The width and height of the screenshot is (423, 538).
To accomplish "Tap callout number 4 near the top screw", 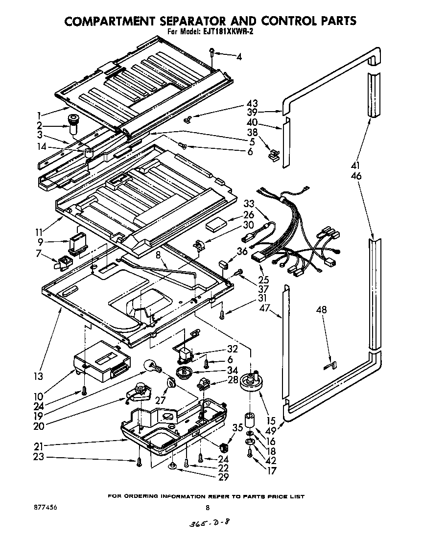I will [239, 57].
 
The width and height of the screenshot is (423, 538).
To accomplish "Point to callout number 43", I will [252, 104].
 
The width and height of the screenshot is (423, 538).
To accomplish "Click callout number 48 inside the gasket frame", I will [322, 310].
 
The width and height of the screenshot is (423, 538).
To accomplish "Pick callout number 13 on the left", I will [38, 376].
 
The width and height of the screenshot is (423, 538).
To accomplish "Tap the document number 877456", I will [43, 509].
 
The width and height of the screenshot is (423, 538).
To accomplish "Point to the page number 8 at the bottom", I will [208, 508].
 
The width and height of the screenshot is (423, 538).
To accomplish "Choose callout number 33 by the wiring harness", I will [249, 204].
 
